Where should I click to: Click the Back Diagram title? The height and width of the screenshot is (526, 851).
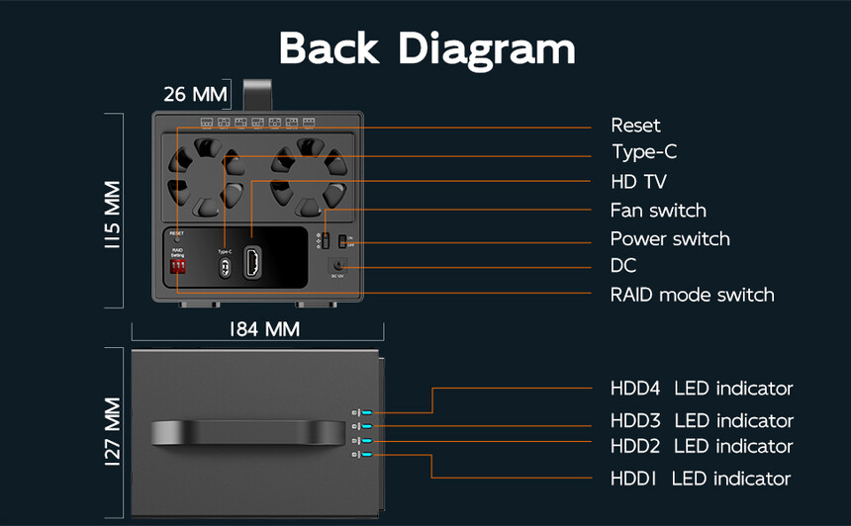426,48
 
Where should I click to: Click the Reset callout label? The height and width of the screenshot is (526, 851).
635,126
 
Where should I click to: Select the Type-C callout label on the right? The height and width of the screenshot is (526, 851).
644,152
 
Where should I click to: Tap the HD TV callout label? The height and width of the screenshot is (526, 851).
638,182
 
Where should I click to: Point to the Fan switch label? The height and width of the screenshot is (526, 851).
658,211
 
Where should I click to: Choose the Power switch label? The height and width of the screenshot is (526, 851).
670,239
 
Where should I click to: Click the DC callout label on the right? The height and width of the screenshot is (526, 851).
623,266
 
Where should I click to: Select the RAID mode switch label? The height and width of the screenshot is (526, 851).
692,295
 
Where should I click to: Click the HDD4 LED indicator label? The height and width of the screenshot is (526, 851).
702,389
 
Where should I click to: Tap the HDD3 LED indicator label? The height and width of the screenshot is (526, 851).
702,421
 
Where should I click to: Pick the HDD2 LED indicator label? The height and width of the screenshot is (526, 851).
702,447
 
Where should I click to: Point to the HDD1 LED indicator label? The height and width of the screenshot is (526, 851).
701,480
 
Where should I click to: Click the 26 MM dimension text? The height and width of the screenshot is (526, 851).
195,95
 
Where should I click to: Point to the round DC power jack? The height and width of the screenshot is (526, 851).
338,265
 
